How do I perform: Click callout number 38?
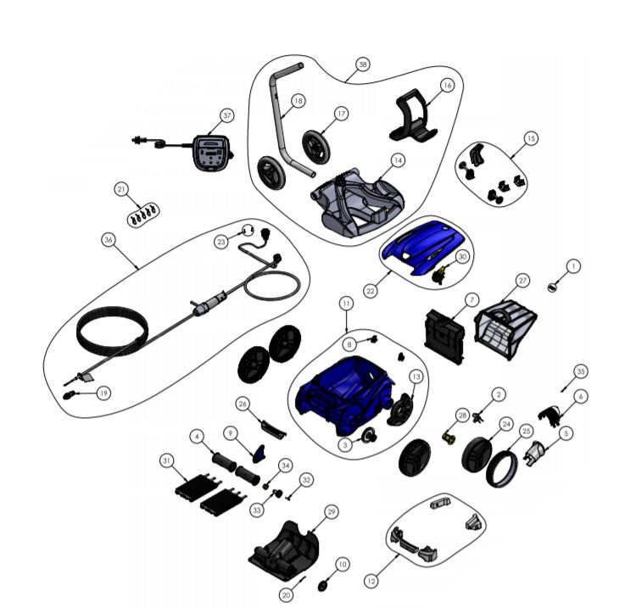362,64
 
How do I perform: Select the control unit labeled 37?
212,153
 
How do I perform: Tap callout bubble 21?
121,189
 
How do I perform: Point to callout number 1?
573,266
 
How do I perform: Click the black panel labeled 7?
444,337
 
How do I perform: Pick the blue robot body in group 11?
344,393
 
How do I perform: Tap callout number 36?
109,240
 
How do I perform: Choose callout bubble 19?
103,393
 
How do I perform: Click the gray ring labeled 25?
501,468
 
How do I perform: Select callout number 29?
332,512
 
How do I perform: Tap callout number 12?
371,581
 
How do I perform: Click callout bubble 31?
167,461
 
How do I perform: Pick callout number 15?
531,138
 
